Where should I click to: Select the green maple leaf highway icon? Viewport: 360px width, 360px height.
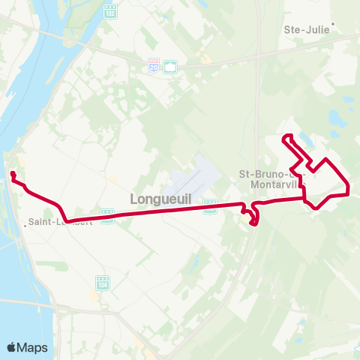click(170, 67)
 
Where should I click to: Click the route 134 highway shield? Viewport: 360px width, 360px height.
click(103, 283)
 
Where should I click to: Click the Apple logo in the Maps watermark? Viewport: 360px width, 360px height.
click(12, 347)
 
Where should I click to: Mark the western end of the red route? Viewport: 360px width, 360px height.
click(13, 174)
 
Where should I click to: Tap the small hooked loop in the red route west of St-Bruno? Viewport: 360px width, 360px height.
click(253, 217)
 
